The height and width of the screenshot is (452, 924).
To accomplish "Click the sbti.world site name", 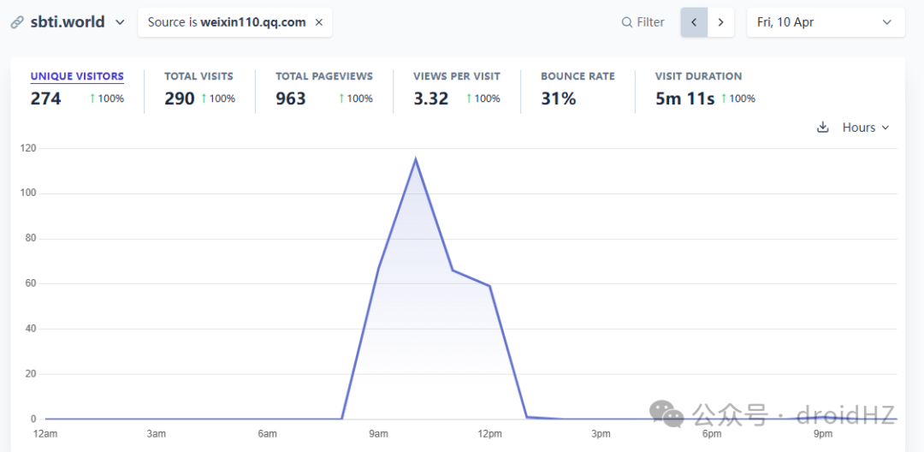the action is pyautogui.click(x=68, y=22).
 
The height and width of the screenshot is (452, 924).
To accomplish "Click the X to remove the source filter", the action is pyautogui.click(x=319, y=22).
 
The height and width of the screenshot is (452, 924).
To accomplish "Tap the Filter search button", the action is pyautogui.click(x=643, y=22).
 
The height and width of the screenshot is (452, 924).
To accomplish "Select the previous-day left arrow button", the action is pyautogui.click(x=694, y=22).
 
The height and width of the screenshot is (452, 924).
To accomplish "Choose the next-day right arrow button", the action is pyautogui.click(x=720, y=22).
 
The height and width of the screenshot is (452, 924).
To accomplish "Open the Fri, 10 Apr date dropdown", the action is pyautogui.click(x=826, y=22).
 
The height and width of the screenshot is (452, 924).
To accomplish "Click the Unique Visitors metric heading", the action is pyautogui.click(x=77, y=76).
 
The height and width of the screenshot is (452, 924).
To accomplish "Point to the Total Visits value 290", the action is pyautogui.click(x=179, y=98).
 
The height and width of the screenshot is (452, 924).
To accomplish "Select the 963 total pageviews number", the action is pyautogui.click(x=291, y=98).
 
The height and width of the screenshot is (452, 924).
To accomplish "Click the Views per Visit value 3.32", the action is pyautogui.click(x=430, y=98).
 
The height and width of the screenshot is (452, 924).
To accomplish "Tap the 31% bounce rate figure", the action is pyautogui.click(x=558, y=98).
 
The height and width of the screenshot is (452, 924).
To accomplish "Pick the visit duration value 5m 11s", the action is pyautogui.click(x=684, y=98).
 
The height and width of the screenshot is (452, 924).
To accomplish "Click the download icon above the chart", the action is pyautogui.click(x=823, y=128).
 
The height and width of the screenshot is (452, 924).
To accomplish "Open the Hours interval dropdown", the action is pyautogui.click(x=865, y=128).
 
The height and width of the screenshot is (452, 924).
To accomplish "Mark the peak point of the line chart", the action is pyautogui.click(x=416, y=159).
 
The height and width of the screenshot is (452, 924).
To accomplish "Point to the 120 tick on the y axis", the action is pyautogui.click(x=28, y=148).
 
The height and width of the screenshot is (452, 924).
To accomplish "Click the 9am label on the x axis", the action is pyautogui.click(x=378, y=434).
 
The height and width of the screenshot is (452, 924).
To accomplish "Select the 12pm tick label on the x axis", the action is pyautogui.click(x=489, y=434).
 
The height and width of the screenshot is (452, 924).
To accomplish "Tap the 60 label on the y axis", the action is pyautogui.click(x=31, y=283).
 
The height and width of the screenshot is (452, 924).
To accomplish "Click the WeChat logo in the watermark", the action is pyautogui.click(x=666, y=415).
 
